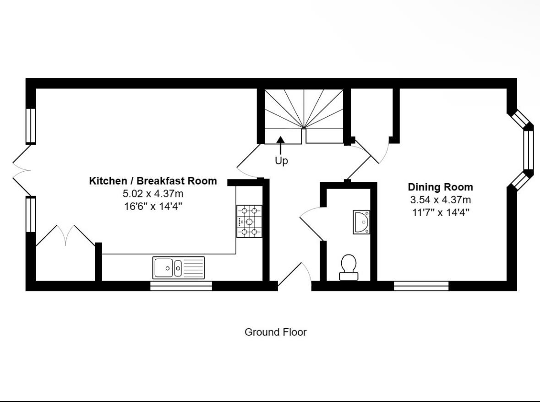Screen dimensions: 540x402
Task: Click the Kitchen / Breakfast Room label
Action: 153,181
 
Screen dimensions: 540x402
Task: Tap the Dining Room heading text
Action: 441,187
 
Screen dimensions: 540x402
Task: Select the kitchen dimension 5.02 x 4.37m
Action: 153,193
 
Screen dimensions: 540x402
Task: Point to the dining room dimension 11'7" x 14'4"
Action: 441,212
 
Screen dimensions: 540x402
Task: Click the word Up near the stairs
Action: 281,161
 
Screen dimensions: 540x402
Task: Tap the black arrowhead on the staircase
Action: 281,139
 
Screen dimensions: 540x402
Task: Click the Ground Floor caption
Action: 276,332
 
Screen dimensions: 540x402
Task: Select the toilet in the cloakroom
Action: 349,267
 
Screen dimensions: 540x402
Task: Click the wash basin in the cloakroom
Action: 361,223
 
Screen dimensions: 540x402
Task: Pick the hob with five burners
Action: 249,221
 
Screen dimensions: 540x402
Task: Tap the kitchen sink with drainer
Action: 178,267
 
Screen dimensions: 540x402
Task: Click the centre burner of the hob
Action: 249,222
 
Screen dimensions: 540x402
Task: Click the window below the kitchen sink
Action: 181,286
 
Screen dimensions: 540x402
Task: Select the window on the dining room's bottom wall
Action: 421,286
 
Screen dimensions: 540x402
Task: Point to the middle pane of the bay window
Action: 528,150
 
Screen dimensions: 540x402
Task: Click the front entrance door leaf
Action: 290,275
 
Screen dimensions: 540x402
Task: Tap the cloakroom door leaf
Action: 312,228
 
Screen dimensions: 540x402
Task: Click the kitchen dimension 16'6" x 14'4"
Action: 153,206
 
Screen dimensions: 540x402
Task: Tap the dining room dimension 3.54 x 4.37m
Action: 441,200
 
